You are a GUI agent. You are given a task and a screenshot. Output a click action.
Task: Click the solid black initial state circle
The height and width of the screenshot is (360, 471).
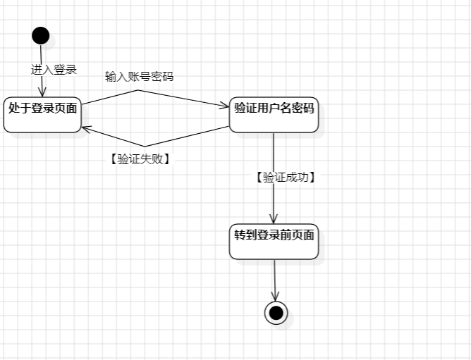coord(41,35)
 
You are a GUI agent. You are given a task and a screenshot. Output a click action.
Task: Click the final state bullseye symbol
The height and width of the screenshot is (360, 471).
coord(276,312)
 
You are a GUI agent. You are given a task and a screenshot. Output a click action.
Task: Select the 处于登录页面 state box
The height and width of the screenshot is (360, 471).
coord(42,114)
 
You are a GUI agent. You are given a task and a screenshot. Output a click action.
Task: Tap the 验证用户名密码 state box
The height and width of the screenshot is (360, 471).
coord(274,114)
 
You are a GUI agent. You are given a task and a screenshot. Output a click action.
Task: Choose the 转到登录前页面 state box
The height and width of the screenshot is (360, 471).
coord(274,242)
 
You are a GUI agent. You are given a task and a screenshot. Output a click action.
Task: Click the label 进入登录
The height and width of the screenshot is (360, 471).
coord(54,70)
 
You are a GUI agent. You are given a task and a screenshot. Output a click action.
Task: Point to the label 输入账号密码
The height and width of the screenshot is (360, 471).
coord(139,76)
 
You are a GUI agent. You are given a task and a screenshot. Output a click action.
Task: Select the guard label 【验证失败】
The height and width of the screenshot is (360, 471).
coord(140,159)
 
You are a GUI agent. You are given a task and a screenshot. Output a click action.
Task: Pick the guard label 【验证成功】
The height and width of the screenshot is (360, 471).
coord(285,178)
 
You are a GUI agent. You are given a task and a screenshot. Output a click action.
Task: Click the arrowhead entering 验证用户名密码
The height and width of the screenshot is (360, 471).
coord(226,106)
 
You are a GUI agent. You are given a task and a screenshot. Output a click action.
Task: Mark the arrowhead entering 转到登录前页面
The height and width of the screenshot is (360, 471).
coord(274,219)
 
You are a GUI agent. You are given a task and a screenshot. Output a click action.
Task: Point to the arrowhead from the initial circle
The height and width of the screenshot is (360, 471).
coord(42,92)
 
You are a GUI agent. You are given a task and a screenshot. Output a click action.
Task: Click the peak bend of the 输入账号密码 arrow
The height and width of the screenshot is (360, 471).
coord(138,89)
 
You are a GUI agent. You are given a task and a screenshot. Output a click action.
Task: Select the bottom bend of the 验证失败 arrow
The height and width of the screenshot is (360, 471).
coord(143,146)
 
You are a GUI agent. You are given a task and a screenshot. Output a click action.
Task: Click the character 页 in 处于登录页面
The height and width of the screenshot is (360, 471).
coord(61,108)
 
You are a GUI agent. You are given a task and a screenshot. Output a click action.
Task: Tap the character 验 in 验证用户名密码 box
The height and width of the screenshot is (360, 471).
coord(240,108)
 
